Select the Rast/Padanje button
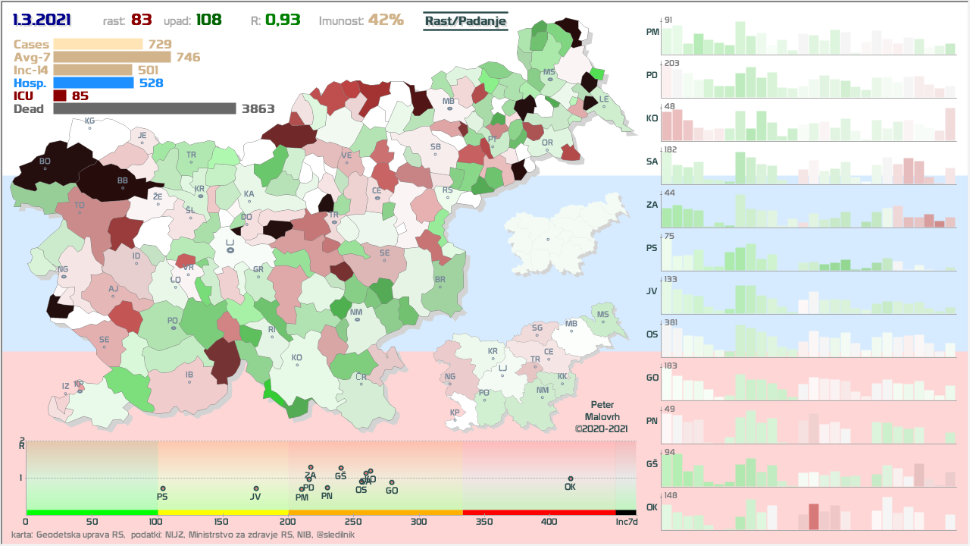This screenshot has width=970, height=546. [465, 21]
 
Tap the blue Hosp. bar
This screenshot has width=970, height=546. [94, 83]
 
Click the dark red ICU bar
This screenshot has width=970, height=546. [60, 96]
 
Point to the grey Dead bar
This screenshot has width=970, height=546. [144, 108]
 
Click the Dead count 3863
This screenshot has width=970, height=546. [258, 108]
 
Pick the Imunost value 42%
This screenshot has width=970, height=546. [386, 20]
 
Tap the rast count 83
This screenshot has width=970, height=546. [142, 20]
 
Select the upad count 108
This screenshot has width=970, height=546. [208, 20]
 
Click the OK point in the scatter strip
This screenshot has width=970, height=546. [570, 479]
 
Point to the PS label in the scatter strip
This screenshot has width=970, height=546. [162, 497]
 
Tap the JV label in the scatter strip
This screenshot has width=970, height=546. [255, 497]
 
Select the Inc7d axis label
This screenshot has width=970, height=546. [626, 522]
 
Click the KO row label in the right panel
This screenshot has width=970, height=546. [652, 118]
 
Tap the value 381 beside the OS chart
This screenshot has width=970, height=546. [671, 322]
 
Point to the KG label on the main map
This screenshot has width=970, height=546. [89, 121]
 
